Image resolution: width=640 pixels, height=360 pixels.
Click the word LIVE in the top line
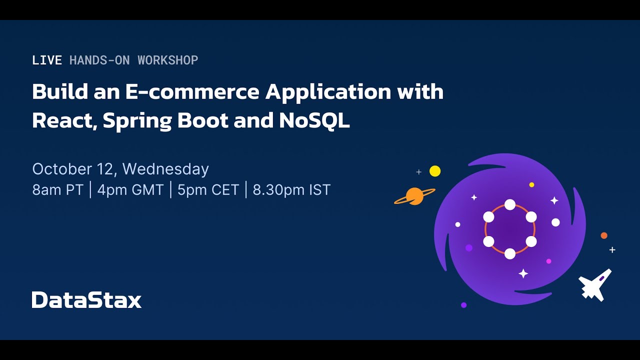point(47,60)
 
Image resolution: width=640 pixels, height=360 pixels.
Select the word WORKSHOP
point(168,60)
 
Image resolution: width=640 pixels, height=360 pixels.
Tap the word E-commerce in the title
point(192,92)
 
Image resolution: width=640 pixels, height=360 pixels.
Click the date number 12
point(105,169)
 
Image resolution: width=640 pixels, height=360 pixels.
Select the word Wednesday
point(165,169)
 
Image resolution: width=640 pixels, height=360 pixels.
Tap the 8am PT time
point(57,190)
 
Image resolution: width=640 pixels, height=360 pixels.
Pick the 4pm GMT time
point(130,190)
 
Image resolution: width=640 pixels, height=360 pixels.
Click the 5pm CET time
point(208,190)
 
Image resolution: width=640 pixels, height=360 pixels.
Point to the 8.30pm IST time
point(291,190)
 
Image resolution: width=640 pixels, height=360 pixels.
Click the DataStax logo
point(86,299)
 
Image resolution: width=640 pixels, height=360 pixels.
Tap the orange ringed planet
point(414,196)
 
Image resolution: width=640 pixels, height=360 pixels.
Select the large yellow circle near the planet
point(435,171)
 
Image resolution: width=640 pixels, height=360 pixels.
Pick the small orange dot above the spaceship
point(604,235)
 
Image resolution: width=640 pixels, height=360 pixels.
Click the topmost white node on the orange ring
point(510,204)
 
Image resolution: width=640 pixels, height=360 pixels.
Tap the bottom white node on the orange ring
point(510,253)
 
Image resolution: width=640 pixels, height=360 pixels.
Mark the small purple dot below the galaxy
point(464,305)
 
